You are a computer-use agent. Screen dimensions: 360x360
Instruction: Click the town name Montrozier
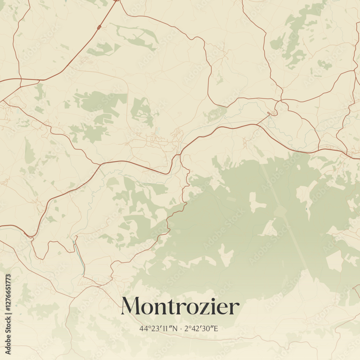click(180, 306)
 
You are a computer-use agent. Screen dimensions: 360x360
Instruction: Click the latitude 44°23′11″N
click(158, 328)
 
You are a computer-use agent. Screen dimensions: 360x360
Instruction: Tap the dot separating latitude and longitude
click(181, 328)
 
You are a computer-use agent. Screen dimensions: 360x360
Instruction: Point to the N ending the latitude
click(175, 328)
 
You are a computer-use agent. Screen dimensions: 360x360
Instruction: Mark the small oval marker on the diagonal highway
click(99, 27)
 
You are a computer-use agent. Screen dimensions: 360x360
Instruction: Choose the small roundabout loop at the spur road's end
click(273, 113)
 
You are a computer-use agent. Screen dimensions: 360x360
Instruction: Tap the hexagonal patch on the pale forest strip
click(280, 211)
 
